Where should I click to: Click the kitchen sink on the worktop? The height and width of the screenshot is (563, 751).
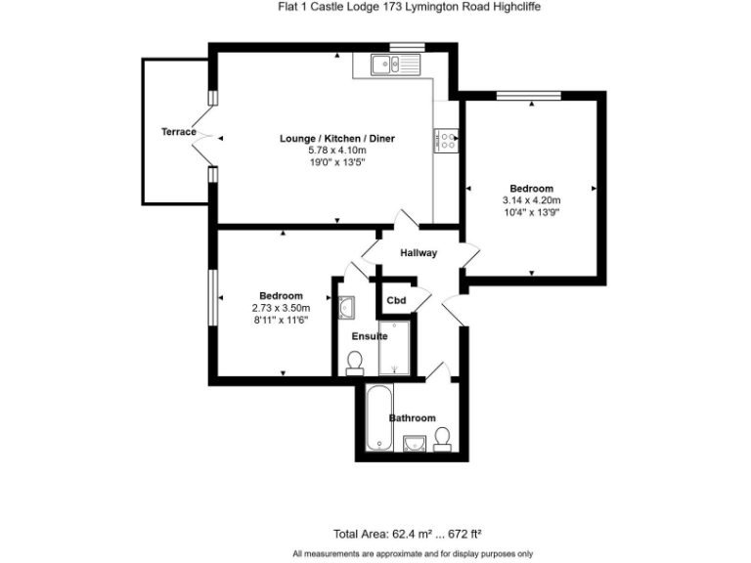[x=394, y=65]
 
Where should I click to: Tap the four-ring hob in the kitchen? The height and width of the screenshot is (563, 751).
[x=447, y=141]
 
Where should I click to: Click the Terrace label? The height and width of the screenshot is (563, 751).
[x=179, y=132]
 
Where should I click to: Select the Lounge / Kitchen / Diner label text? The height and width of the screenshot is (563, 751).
[x=336, y=139]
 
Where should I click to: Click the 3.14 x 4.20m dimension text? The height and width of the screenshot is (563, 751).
[x=531, y=200]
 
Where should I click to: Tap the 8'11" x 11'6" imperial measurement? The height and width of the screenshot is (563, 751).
[x=281, y=320]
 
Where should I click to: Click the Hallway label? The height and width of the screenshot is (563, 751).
[x=418, y=253]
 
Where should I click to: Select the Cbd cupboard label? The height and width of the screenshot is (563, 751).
[x=396, y=300]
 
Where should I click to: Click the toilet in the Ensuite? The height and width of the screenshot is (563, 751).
[x=355, y=363]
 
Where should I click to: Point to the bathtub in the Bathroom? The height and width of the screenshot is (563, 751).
[x=377, y=418]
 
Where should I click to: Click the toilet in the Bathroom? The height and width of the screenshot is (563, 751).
[x=443, y=439]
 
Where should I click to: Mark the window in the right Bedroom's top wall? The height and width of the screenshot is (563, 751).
[x=528, y=95]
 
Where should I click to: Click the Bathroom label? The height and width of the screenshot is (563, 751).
[x=412, y=418]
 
